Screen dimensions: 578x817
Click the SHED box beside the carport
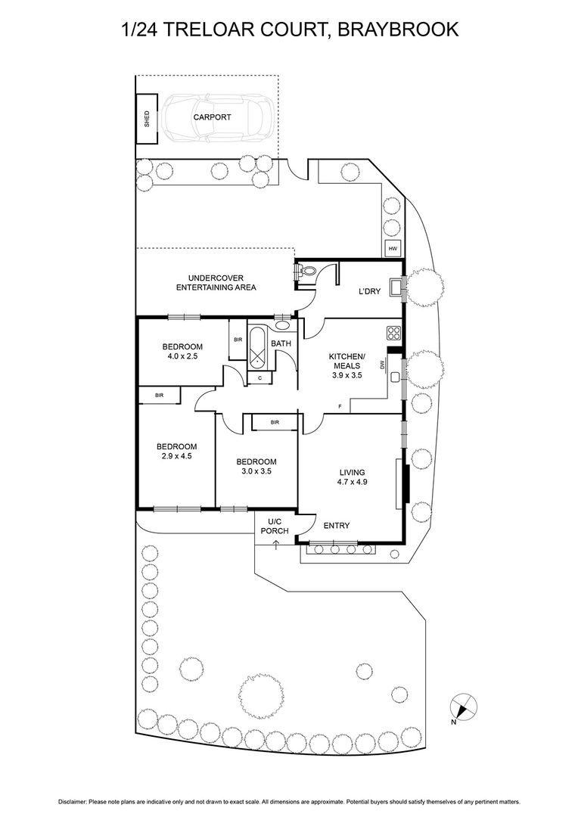(x=147, y=117)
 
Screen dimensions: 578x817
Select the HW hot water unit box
(x=393, y=248)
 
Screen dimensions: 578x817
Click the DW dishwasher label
(x=384, y=365)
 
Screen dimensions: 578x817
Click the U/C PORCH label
(x=275, y=526)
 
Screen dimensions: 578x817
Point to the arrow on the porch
(x=275, y=545)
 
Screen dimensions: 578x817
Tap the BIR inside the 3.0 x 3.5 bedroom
(x=275, y=422)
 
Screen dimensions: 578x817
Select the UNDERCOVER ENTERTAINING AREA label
(x=216, y=283)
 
